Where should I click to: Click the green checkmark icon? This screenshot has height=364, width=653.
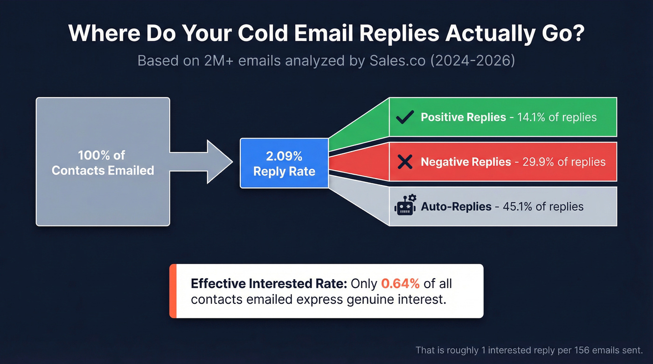tap(404, 117)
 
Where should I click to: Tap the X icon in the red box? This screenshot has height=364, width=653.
tap(404, 162)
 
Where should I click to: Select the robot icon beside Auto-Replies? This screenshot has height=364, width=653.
tap(405, 206)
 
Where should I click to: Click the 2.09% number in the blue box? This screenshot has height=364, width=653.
tap(284, 156)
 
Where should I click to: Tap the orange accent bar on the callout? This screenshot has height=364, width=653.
tap(173, 291)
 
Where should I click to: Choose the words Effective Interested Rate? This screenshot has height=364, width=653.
tap(269, 283)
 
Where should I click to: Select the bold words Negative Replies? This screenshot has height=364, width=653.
tap(465, 162)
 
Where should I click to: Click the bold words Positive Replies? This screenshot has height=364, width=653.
tap(463, 117)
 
